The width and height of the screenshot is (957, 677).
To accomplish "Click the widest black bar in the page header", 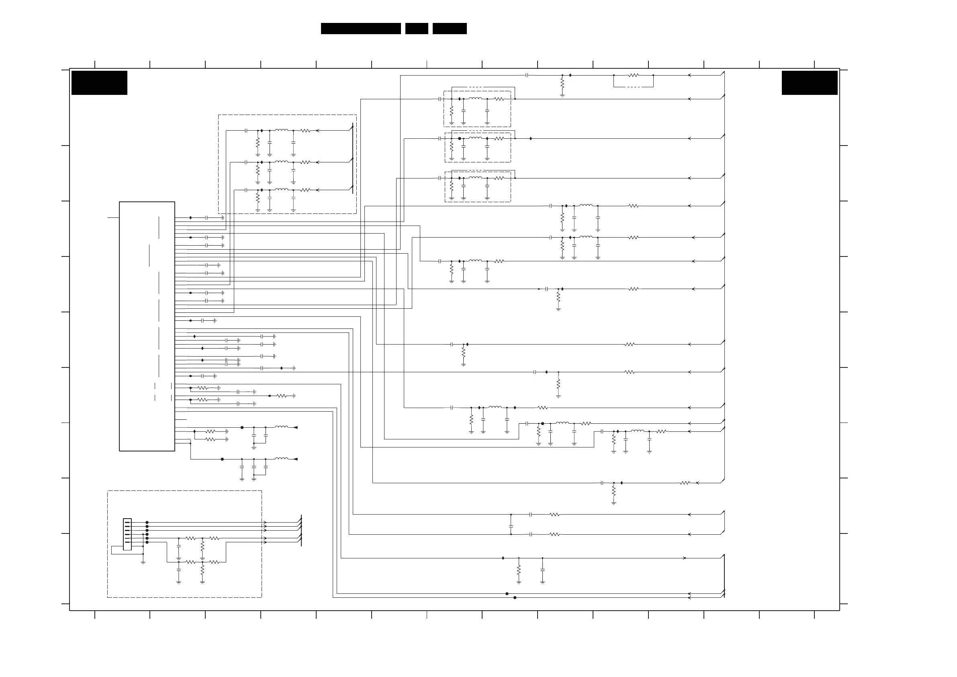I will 360,29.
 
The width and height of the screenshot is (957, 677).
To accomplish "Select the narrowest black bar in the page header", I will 416,29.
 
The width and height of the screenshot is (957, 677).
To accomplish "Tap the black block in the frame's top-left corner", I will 99,82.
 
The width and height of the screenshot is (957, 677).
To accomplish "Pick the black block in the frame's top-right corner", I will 810,82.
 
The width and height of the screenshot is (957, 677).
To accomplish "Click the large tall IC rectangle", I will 147,326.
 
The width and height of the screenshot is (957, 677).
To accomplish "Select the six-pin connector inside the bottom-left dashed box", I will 127,534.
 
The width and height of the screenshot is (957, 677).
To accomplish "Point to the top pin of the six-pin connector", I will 127,522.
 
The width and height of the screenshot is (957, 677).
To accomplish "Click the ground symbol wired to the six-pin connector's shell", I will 143,562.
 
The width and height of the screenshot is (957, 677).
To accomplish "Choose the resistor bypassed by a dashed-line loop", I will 633,76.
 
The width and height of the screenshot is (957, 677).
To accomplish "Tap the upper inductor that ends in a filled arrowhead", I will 281,427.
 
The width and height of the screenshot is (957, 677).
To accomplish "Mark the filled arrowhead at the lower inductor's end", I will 295,459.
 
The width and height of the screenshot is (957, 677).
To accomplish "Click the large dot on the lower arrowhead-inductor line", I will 222,459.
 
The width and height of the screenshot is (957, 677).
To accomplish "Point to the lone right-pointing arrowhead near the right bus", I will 685,558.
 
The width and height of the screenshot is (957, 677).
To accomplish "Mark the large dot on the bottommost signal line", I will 515,598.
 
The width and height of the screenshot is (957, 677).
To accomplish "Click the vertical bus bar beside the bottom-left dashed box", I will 301,530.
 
